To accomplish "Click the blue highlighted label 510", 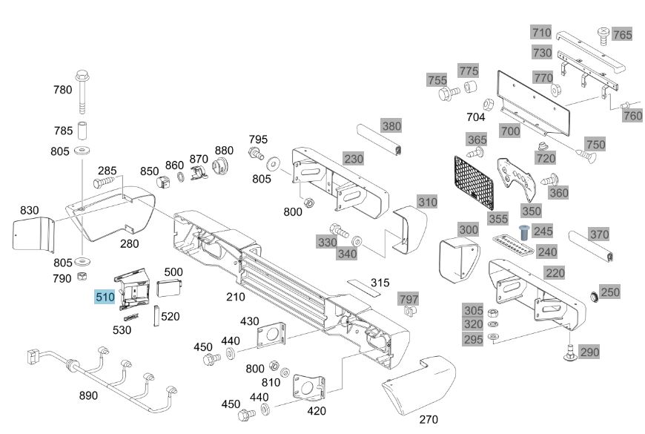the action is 105,297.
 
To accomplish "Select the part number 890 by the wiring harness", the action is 88,395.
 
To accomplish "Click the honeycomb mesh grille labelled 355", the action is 474,183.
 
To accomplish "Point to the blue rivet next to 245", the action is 523,232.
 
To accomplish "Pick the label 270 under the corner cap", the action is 429,419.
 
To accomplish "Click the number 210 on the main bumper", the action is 236,297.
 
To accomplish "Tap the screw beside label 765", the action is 603,36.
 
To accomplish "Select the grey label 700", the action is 511,131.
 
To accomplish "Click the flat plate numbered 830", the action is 33,234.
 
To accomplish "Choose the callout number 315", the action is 380,283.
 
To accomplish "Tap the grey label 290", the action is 590,352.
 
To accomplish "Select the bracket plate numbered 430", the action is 271,335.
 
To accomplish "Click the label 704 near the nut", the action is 476,117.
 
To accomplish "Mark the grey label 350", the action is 532,211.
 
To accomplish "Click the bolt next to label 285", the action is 104,182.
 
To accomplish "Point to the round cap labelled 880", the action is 222,166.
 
